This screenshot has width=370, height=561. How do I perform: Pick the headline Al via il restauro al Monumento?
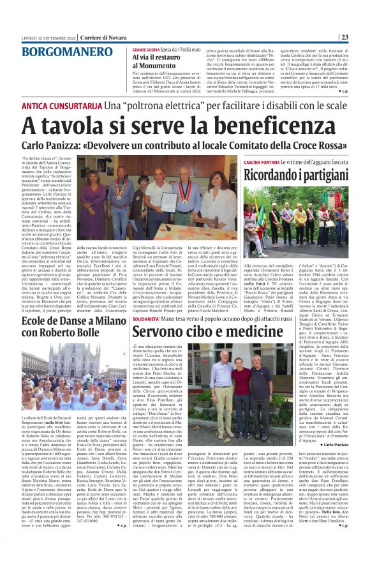[x=157, y=61]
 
